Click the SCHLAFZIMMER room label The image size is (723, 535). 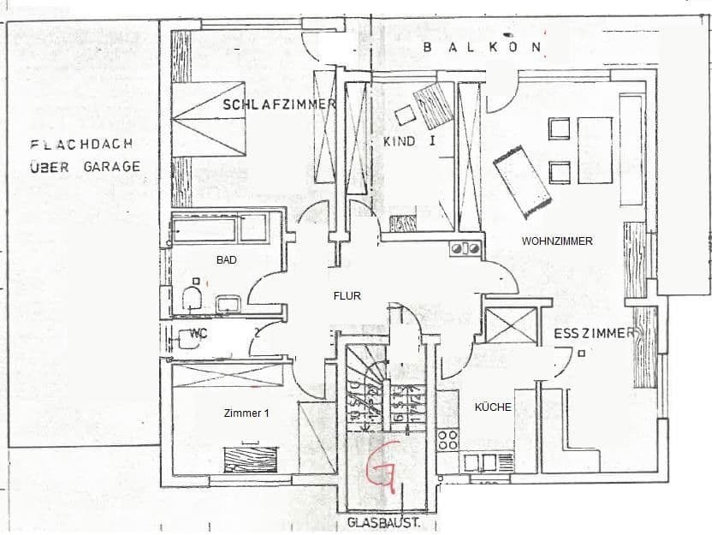pyautogui.click(x=279, y=104)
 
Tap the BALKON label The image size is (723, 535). pyautogui.click(x=483, y=48)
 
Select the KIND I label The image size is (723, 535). pyautogui.click(x=409, y=140)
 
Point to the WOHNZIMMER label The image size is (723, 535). pyautogui.click(x=557, y=241)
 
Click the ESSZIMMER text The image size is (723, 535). pyautogui.click(x=594, y=333)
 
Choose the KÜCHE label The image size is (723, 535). pyautogui.click(x=493, y=407)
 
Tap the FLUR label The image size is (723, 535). pyautogui.click(x=347, y=296)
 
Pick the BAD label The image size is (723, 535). pyautogui.click(x=226, y=259)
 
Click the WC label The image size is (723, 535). pyautogui.click(x=199, y=334)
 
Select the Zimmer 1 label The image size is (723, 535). pyautogui.click(x=246, y=413)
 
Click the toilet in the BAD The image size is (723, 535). pyautogui.click(x=193, y=298)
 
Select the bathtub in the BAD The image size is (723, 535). pyautogui.click(x=218, y=229)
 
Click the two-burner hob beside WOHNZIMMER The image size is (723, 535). pyautogui.click(x=464, y=249)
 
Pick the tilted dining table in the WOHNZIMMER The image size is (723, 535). pyautogui.click(x=521, y=181)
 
